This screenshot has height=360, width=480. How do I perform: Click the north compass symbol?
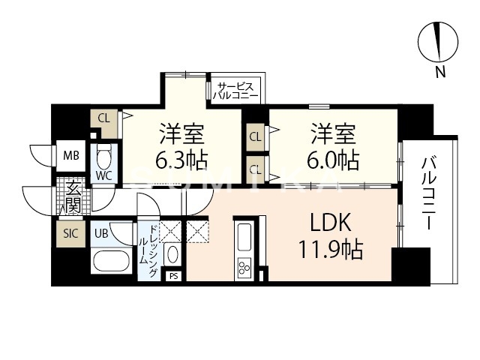[438, 42]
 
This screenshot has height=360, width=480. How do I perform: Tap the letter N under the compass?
[440, 72]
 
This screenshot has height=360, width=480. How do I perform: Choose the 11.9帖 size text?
[331, 250]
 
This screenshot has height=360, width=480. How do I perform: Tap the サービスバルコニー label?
[235, 91]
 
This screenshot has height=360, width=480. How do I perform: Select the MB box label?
[71, 156]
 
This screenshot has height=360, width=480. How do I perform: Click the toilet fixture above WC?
[103, 159]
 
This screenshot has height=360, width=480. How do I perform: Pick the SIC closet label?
[70, 232]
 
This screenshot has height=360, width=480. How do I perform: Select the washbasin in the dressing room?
[172, 253]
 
